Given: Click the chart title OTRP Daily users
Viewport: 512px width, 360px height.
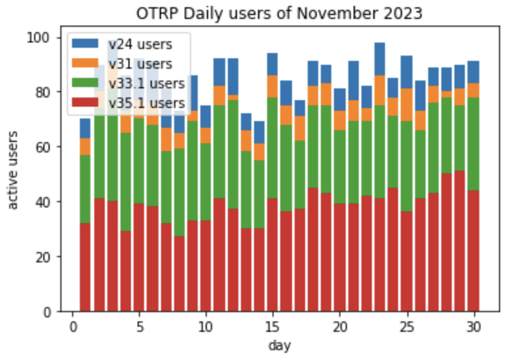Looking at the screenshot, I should click(280, 13).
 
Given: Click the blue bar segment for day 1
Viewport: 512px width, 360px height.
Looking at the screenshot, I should click(85, 128).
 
